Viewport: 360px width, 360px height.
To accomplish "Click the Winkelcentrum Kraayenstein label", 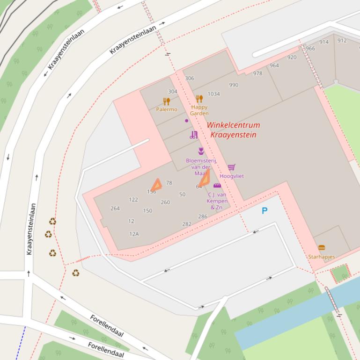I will [233, 130].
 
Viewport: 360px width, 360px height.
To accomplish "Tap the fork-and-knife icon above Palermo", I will [166, 101].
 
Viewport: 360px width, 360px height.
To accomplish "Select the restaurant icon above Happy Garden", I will [199, 99].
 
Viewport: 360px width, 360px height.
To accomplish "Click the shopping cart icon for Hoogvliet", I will [231, 167].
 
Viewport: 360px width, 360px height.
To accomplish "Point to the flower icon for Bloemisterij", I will [201, 151].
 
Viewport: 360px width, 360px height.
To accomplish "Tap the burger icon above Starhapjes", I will [321, 248].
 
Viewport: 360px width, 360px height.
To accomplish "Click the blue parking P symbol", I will [264, 211].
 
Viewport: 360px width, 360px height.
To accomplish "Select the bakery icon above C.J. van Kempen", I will [217, 186].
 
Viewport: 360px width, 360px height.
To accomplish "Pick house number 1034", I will [213, 94].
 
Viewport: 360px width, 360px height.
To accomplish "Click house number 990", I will [234, 85].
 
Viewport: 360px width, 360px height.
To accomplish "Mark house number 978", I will [257, 73].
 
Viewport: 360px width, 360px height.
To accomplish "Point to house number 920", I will [292, 58].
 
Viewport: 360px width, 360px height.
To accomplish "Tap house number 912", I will [342, 41].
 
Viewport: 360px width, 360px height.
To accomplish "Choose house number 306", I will [190, 78].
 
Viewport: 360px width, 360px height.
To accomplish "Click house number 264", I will [115, 209].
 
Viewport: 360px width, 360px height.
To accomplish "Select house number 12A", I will [134, 234].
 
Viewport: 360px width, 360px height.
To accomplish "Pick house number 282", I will [187, 224].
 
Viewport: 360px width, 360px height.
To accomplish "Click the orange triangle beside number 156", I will [156, 185].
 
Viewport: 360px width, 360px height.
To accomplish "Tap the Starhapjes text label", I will [321, 257].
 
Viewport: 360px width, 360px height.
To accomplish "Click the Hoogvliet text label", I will [232, 176].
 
